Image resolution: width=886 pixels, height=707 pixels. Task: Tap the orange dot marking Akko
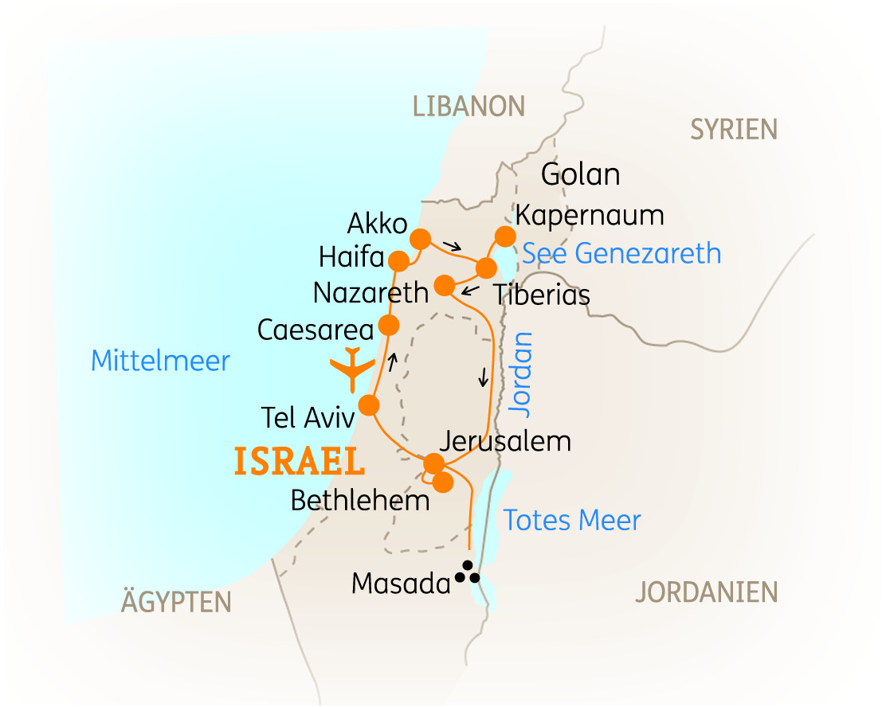tap(420, 239)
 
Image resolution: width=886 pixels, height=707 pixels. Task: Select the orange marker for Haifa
tap(398, 260)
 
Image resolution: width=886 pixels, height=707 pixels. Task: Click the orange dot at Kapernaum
tap(504, 236)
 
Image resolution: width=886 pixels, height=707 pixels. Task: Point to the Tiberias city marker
tap(486, 267)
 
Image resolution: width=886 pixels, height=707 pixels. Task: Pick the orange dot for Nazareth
tap(445, 285)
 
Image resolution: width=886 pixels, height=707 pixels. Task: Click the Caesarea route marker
tap(388, 325)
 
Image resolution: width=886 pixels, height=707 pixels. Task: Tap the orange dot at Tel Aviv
tap(368, 405)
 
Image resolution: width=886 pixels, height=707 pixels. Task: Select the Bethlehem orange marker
tap(443, 482)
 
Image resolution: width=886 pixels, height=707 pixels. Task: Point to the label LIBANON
tap(468, 106)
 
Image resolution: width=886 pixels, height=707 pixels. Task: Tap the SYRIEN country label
tap(733, 129)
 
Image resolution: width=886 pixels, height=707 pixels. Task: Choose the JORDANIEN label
tap(706, 592)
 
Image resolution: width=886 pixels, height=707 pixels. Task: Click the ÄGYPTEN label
tap(176, 603)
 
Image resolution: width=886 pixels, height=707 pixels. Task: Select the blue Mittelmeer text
tap(160, 361)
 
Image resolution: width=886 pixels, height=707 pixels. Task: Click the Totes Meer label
tap(572, 521)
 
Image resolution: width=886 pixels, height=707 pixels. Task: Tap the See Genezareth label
tap(621, 254)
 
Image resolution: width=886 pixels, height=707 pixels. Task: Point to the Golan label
tap(580, 174)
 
